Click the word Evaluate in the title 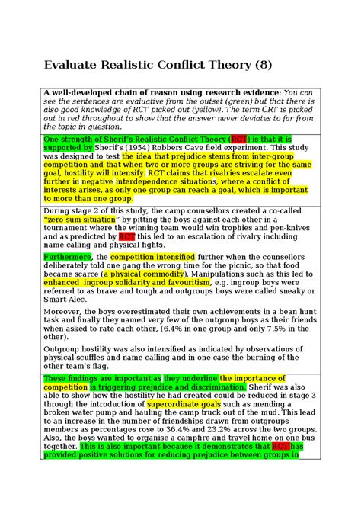coord(76,66)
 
